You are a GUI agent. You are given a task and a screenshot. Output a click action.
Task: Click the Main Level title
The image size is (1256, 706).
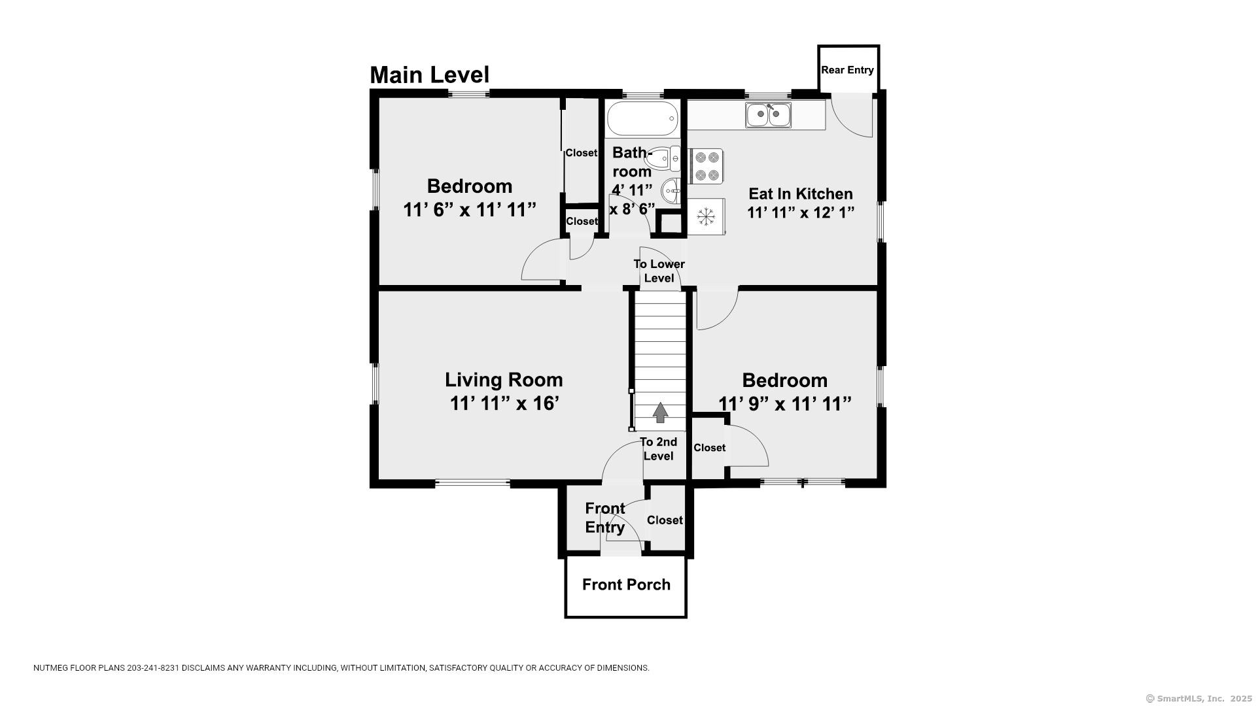coord(429,75)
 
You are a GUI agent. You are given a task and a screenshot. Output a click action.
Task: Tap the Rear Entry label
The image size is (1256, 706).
coord(847,70)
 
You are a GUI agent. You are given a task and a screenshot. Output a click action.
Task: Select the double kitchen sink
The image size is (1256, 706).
coord(768,115)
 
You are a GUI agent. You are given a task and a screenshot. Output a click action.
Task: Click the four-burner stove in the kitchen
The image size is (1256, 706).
coord(706,166)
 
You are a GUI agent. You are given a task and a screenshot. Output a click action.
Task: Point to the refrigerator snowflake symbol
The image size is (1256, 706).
coord(706,216)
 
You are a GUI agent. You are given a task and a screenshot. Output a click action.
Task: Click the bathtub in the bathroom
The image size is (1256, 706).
coord(642,118)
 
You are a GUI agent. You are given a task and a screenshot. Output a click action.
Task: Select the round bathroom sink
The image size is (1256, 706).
coord(671,192)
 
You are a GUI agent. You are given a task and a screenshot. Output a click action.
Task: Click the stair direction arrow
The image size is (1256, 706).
coord(661,412)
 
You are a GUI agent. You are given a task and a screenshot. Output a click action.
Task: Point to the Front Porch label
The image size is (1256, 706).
coord(626,584)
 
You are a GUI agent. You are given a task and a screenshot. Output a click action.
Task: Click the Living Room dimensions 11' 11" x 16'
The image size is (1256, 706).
coord(504,403)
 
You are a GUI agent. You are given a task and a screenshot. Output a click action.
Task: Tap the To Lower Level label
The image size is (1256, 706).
coord(659,271)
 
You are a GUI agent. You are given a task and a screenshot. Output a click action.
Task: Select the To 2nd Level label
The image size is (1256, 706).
coord(658,449)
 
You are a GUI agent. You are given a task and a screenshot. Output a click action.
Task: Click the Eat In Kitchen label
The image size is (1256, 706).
coord(801,193)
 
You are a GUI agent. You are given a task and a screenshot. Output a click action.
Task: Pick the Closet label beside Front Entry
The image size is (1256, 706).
coord(665,520)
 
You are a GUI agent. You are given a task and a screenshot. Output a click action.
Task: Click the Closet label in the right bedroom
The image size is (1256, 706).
coord(709,448)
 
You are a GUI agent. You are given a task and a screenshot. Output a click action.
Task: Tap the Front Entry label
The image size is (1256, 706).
coord(605,518)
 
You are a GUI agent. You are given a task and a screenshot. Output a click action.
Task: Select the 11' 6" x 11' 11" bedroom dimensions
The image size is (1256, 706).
coord(470,210)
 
